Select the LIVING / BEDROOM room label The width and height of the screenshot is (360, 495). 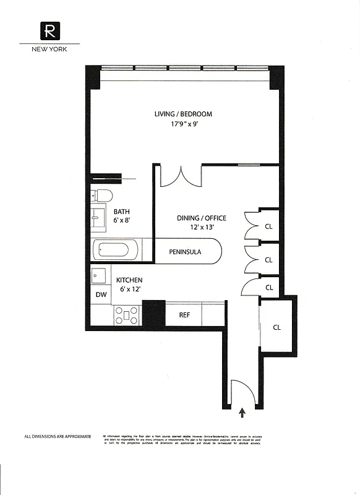[x=183, y=114]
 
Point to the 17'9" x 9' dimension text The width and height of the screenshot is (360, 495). [x=184, y=124]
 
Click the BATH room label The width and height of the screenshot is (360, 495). [x=121, y=211]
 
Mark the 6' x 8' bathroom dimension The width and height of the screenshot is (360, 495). [x=121, y=220]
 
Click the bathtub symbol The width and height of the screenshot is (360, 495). [x=114, y=251]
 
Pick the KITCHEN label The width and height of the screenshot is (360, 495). [x=129, y=280]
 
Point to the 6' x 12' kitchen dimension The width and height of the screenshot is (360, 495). [x=129, y=290]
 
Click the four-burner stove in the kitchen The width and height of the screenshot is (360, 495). [x=127, y=315]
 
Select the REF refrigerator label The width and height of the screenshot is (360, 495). [x=184, y=315]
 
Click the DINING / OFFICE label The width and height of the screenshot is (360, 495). [x=202, y=218]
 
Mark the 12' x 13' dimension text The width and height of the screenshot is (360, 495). [x=202, y=227]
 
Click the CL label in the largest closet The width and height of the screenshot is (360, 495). [x=276, y=327]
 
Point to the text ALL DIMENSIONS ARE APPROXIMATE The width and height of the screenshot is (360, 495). [x=58, y=437]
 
